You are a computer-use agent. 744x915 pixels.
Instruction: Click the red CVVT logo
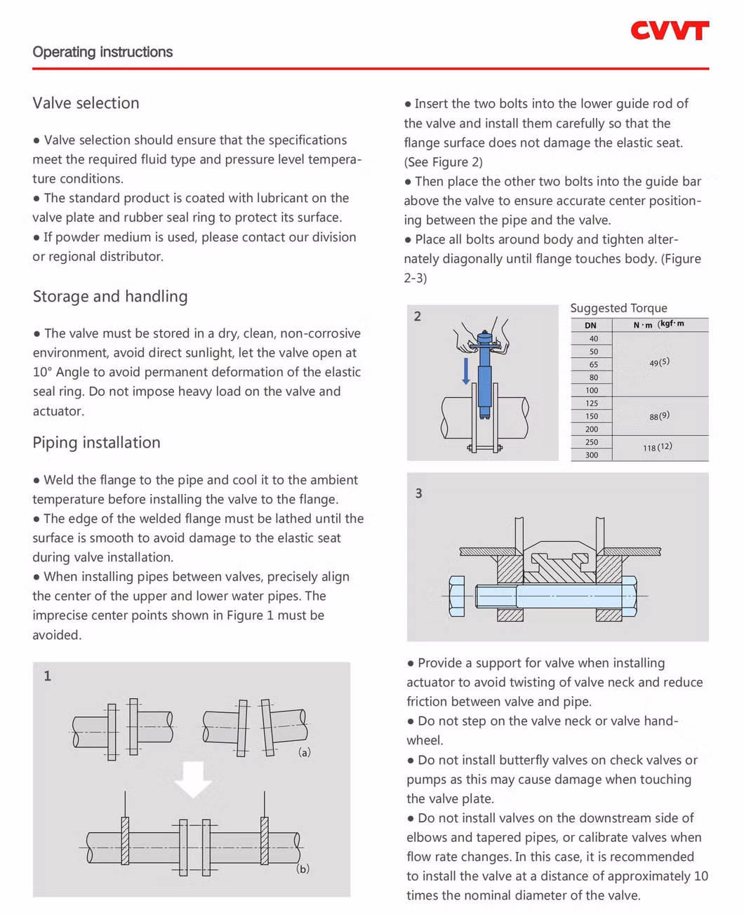coord(669,30)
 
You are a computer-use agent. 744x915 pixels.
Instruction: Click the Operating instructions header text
coord(102,52)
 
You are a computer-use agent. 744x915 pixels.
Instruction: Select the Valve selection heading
coord(86,103)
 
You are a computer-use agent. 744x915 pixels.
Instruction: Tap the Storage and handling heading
coord(110,296)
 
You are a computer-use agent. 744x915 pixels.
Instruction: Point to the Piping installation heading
coord(96,442)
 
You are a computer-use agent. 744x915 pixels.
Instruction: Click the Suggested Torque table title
coord(618,308)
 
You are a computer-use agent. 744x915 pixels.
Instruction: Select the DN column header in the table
coord(590,326)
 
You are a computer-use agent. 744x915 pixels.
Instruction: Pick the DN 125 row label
coord(592,403)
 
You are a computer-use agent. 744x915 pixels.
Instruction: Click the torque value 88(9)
coord(659,416)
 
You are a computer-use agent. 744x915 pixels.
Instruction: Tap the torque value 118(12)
coord(657,447)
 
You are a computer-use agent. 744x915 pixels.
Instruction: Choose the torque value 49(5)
coord(659,363)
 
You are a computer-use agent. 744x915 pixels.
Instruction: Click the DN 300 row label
coord(592,455)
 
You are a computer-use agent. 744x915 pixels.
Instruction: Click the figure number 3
coord(419,493)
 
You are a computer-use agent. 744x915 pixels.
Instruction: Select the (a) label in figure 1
coord(305,752)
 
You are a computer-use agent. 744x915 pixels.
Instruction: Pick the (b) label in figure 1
coord(303,869)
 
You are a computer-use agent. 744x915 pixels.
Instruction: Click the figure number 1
coord(48,676)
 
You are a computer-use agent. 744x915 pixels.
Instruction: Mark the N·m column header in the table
coord(642,325)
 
